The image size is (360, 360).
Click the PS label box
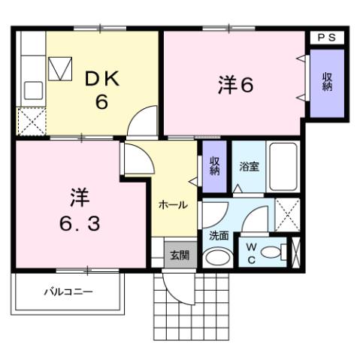coord(325,37)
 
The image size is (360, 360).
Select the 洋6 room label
coord(234,85)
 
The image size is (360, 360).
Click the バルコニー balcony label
coord(68,291)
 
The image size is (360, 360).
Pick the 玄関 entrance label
coord(179,255)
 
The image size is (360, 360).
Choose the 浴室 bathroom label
coord(250,166)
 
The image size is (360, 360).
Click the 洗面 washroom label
coord(219,234)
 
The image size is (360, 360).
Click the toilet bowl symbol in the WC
coord(278,251)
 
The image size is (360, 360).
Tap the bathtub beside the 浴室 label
coord(285,166)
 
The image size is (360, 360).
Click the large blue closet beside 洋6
coord(327,83)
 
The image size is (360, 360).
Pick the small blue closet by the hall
coord(214,166)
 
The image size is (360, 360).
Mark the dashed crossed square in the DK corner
coord(32,121)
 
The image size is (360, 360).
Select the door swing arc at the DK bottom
coord(144,122)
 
